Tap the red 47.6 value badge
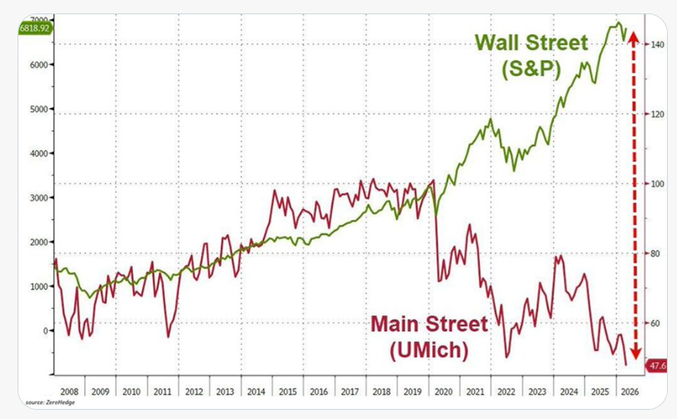coord(656,365)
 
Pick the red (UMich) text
coord(429,350)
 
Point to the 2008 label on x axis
coord(69,391)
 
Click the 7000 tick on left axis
coord(37,18)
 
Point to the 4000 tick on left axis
coord(37,153)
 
